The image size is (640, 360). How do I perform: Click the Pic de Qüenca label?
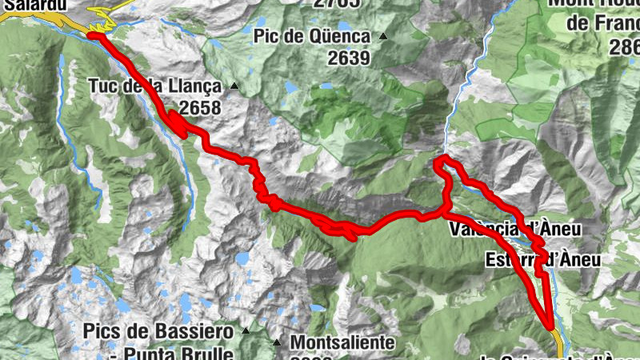coord(312,37)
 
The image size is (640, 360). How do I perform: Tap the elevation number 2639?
coord(348,58)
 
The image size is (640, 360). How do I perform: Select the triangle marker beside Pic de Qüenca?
coord(383,36)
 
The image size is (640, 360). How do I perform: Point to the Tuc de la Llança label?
coord(154,86)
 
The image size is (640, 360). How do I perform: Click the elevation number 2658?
coord(200,107)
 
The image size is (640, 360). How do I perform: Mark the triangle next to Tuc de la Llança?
coord(234,86)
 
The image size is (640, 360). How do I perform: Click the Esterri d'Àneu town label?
coord(542,260)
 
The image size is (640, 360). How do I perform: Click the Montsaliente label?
coord(342,342)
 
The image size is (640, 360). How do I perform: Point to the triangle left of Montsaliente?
coord(278,342)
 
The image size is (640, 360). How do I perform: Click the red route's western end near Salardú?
coord(90,35)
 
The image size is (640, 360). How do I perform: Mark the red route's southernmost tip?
coord(551,326)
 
